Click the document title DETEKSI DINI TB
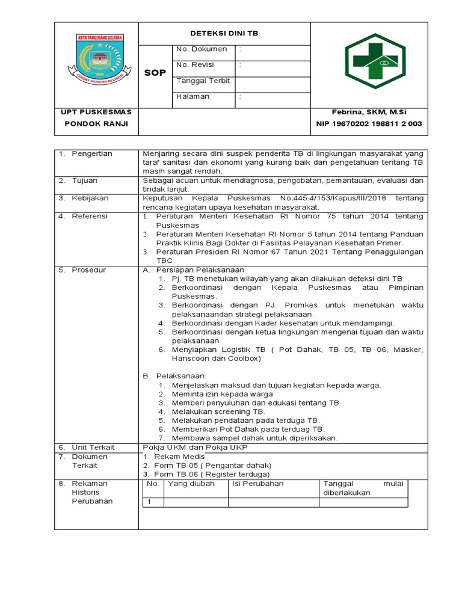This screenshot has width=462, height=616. click(x=224, y=33)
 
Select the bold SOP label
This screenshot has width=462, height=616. click(x=155, y=73)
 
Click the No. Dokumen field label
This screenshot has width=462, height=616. click(x=201, y=49)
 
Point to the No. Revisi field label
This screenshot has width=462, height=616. click(x=195, y=64)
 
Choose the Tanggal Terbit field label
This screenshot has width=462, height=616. click(x=203, y=81)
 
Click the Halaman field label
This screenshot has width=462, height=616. click(x=192, y=96)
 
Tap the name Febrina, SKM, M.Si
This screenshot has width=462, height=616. click(x=369, y=112)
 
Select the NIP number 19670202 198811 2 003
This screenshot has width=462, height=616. click(x=369, y=124)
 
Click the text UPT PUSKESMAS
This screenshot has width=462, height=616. click(x=96, y=112)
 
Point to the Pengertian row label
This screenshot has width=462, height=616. click(x=91, y=154)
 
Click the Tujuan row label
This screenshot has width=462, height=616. click(x=85, y=180)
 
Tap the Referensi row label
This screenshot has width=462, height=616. click(x=90, y=215)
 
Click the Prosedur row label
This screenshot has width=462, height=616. click(x=88, y=270)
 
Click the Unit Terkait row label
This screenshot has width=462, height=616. click(x=93, y=448)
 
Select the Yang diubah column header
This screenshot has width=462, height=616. click(x=191, y=484)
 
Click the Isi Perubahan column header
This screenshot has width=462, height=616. click(x=257, y=484)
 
